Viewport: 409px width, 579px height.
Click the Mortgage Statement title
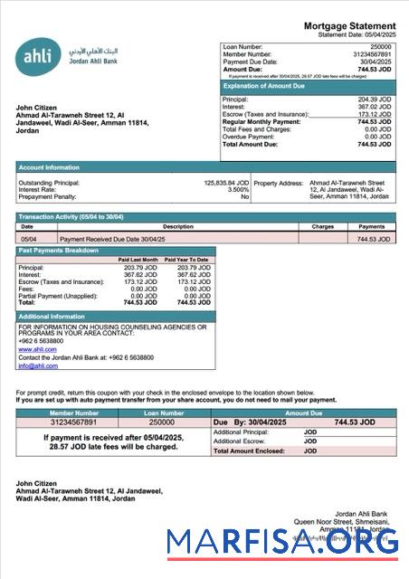[348, 26]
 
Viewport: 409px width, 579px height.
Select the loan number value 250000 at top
[381, 45]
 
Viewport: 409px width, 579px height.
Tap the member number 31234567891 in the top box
[371, 53]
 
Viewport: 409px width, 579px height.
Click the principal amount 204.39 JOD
[375, 99]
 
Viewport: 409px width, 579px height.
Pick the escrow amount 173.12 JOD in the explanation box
[375, 114]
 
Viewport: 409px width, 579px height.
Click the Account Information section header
[49, 166]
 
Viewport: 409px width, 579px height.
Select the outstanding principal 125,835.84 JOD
[226, 182]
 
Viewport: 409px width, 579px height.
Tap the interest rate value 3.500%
[237, 189]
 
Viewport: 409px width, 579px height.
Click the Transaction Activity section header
[71, 217]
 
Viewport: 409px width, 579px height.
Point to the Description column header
[177, 227]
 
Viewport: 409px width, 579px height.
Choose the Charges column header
[322, 227]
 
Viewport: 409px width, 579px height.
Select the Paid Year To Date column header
[186, 260]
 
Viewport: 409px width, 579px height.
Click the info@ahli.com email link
[38, 365]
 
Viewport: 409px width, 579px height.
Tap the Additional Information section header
[52, 316]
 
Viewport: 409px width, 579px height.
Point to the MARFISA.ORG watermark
[281, 543]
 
